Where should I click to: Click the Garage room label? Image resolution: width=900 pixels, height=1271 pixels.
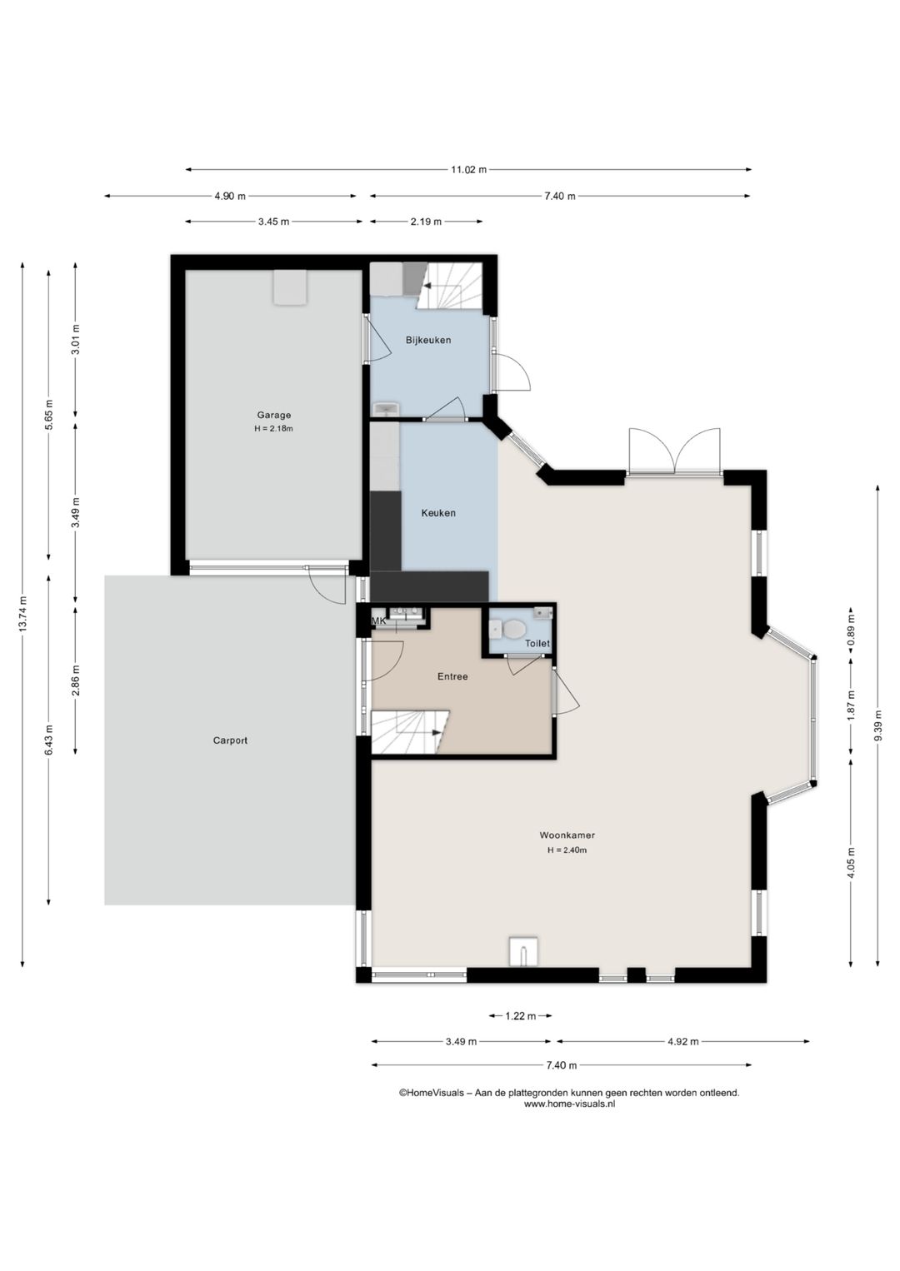click(273, 415)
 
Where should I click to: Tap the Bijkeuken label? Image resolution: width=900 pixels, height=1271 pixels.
click(428, 340)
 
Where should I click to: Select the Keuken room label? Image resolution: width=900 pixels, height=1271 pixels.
click(437, 513)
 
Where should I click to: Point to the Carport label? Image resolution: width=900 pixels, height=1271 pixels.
click(230, 740)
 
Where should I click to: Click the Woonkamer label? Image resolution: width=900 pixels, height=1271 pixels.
click(567, 835)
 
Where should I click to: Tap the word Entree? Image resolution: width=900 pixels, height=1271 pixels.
click(452, 676)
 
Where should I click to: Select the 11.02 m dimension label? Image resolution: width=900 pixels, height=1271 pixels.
click(469, 170)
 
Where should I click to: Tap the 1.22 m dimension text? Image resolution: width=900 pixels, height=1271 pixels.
click(521, 1016)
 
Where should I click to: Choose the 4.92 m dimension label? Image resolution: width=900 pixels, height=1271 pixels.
click(683, 1041)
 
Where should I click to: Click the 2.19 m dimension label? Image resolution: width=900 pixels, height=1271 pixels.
click(426, 222)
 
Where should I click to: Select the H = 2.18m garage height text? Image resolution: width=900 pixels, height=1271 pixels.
click(273, 429)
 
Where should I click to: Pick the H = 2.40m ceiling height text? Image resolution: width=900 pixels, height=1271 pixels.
click(567, 850)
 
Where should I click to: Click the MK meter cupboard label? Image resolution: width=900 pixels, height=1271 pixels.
click(378, 621)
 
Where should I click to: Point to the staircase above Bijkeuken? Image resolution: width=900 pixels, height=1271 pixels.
click(450, 286)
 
